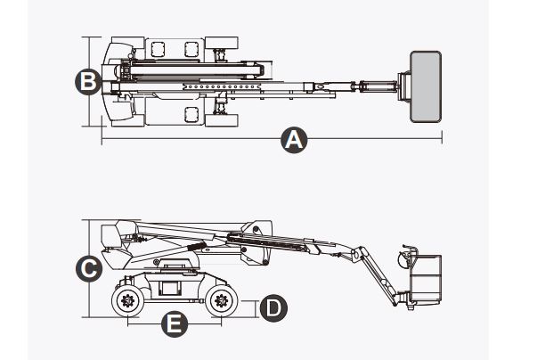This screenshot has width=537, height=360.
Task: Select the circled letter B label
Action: point(86,82)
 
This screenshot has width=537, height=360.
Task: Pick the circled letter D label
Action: point(273,307)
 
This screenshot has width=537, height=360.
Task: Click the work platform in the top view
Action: point(425,84)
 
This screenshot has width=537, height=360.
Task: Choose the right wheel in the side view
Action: point(220,300)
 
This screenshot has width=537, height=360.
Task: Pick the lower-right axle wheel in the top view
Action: point(224,113)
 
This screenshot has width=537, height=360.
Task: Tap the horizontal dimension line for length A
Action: point(196,140)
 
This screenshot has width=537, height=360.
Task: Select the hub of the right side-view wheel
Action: point(220,301)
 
